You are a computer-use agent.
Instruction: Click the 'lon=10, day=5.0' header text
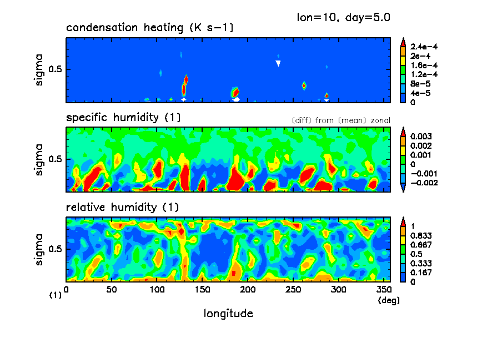(x=344, y=17)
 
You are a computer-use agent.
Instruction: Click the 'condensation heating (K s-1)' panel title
(x=142, y=28)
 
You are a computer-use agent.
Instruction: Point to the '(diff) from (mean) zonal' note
(x=340, y=120)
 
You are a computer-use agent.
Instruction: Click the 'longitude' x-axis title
(x=228, y=314)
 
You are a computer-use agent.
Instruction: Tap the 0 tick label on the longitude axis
(x=66, y=289)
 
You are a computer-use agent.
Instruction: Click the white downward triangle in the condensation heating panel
(x=278, y=63)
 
